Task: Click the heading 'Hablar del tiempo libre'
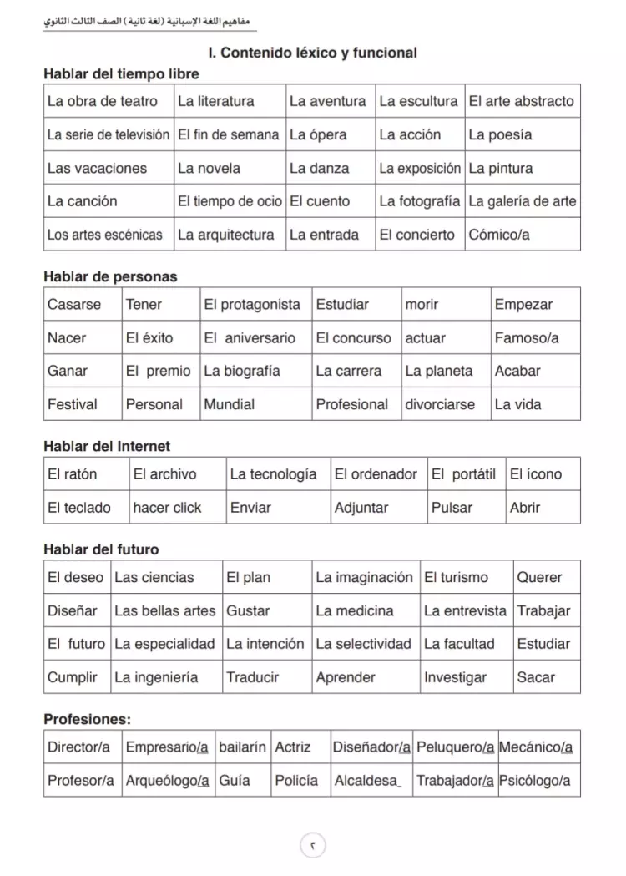coord(121,74)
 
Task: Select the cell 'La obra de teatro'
coord(102,101)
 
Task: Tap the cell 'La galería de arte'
coord(522,201)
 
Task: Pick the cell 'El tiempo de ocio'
coord(230,201)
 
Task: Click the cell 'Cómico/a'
coord(499,235)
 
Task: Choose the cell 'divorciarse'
coord(440,404)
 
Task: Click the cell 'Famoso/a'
coord(527,338)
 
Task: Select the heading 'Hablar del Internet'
coord(107,447)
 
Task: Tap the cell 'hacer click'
coord(167,507)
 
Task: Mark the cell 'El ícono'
coord(536,474)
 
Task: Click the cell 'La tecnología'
coord(273,474)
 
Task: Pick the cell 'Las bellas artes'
coord(164,610)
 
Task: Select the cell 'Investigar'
coord(455,677)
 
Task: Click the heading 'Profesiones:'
coord(87,719)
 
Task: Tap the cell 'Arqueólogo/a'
coord(167,781)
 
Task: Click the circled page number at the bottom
coord(312,846)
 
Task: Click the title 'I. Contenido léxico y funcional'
coord(312,53)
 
